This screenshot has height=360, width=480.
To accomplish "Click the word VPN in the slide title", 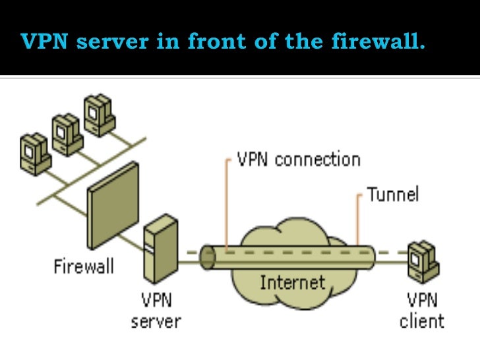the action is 44,41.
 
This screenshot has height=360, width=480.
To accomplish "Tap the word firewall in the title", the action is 378,41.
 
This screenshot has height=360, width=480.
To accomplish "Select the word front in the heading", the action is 217,41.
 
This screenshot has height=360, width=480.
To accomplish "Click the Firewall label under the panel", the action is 84,266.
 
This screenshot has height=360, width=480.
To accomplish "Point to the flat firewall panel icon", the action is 113,205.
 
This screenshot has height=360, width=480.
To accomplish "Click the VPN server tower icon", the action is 161,249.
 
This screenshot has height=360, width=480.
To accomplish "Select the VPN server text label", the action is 156,311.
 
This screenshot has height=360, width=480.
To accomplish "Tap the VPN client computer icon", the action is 424,262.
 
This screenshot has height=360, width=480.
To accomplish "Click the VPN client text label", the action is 422,311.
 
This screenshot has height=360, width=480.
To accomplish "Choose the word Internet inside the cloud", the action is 292,282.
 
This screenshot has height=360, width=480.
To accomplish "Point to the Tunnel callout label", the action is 393,194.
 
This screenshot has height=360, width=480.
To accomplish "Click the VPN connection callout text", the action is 299,160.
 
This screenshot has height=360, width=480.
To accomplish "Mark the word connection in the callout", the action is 317,160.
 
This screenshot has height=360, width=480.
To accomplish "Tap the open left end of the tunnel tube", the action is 208,257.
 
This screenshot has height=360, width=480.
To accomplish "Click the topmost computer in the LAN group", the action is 99,115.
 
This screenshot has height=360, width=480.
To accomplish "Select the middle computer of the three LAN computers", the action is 67,135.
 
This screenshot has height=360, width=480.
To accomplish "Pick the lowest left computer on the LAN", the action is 35,154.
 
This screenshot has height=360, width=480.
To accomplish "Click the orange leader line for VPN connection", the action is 227,204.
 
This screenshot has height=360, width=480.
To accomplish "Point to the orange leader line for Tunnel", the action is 357,219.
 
